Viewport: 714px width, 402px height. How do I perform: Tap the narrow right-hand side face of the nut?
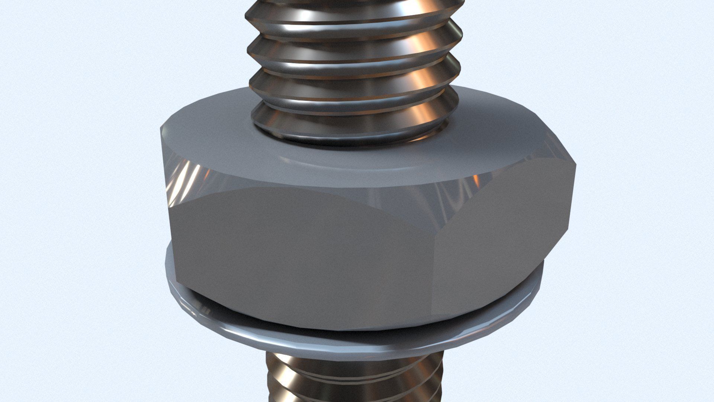click(495, 246)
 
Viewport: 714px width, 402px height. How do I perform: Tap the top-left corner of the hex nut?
click(162, 128)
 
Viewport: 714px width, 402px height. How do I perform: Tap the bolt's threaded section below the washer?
click(353, 380)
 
